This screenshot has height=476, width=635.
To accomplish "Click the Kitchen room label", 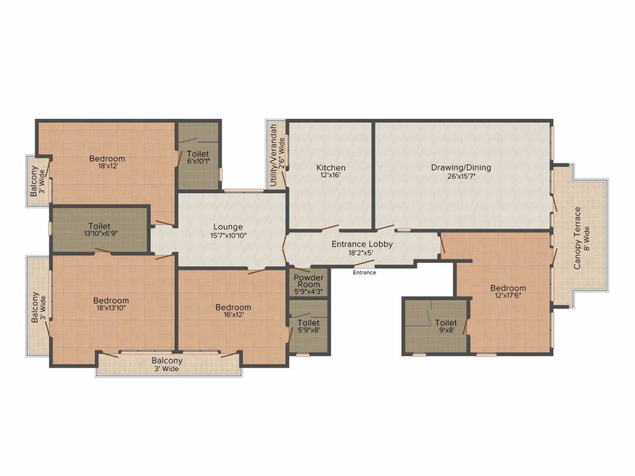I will coord(331,167).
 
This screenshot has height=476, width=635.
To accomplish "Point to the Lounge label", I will coord(228,227).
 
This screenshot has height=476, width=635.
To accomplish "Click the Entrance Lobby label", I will coord(362,244).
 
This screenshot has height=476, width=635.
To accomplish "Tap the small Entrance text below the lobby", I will coord(364,273).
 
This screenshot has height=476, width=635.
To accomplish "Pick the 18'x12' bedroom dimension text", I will coord(107,166).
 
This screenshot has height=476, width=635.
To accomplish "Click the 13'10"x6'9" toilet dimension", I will coord(99,234).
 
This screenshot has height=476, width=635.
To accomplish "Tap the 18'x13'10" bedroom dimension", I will coord(112,309).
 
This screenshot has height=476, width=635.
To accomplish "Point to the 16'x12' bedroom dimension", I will coord(233,315).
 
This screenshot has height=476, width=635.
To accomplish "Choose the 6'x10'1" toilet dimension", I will coord(198,162).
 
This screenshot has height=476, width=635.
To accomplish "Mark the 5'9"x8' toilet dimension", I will coord(308,331).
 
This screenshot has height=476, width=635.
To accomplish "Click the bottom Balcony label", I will coord(167,361).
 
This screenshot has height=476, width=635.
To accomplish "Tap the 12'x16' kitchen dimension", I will coord(331,175).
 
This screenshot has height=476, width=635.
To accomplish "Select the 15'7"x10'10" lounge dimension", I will coord(228,235).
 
